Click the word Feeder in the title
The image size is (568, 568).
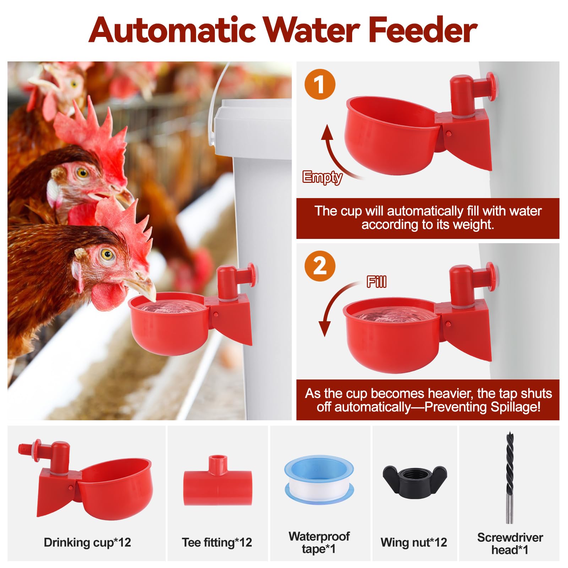(422, 31)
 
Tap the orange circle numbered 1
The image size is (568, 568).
(320, 84)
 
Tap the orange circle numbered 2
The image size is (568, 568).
(320, 266)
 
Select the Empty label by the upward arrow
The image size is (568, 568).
(322, 177)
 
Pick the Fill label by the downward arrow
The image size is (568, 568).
(376, 282)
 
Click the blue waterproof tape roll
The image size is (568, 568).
(319, 480)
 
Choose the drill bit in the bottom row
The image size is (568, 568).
(510, 476)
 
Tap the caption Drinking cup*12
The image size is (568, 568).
(87, 542)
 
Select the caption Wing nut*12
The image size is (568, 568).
(414, 542)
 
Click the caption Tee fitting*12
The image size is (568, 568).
(217, 542)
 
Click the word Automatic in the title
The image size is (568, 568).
(172, 31)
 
